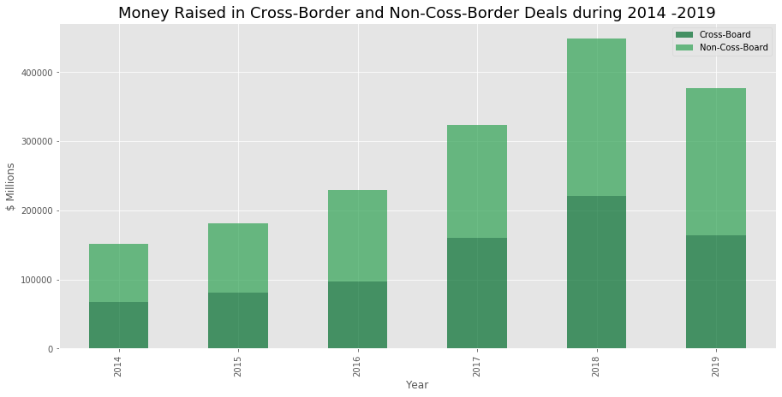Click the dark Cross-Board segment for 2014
pyautogui.click(x=118, y=325)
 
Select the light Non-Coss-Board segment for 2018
pyautogui.click(x=596, y=117)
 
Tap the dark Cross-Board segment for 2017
pyautogui.click(x=477, y=293)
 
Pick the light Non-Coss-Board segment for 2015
pyautogui.click(x=238, y=258)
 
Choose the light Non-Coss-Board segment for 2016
pyautogui.click(x=357, y=235)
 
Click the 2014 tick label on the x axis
pyautogui.click(x=118, y=367)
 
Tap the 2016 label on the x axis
pyautogui.click(x=357, y=367)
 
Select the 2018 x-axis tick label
pyautogui.click(x=596, y=367)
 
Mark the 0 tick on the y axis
pyautogui.click(x=51, y=349)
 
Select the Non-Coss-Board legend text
pyautogui.click(x=733, y=47)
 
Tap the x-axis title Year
pyautogui.click(x=417, y=385)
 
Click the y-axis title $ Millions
pyautogui.click(x=10, y=187)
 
